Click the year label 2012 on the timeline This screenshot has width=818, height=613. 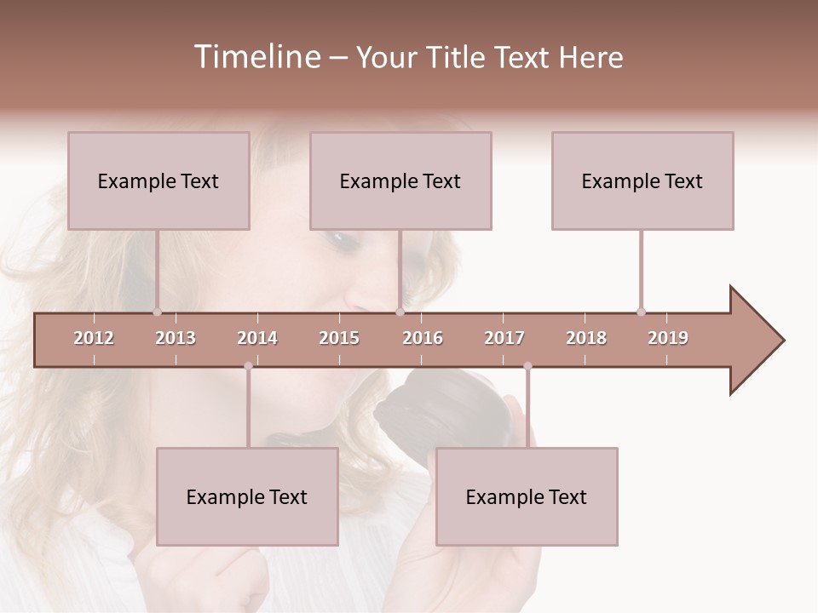(94, 338)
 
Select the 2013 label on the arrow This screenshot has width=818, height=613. (176, 338)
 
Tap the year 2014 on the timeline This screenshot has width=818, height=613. (257, 338)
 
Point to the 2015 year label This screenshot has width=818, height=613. (339, 338)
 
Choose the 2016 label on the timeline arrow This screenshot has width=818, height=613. (423, 338)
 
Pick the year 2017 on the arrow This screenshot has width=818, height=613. (504, 338)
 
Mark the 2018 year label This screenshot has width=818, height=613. (586, 338)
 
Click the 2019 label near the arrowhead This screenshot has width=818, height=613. (668, 338)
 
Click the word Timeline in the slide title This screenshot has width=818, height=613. (255, 57)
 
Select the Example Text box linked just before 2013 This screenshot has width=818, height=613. (158, 180)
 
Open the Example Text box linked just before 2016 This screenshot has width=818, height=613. (400, 180)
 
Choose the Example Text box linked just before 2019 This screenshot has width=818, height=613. (642, 180)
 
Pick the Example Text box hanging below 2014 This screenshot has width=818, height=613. (247, 496)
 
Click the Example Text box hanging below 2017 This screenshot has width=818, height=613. (527, 496)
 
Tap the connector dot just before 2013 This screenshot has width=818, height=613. (157, 312)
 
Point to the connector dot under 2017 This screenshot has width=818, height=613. (527, 366)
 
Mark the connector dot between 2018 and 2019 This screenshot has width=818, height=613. (641, 312)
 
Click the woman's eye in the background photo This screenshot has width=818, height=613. (343, 240)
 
